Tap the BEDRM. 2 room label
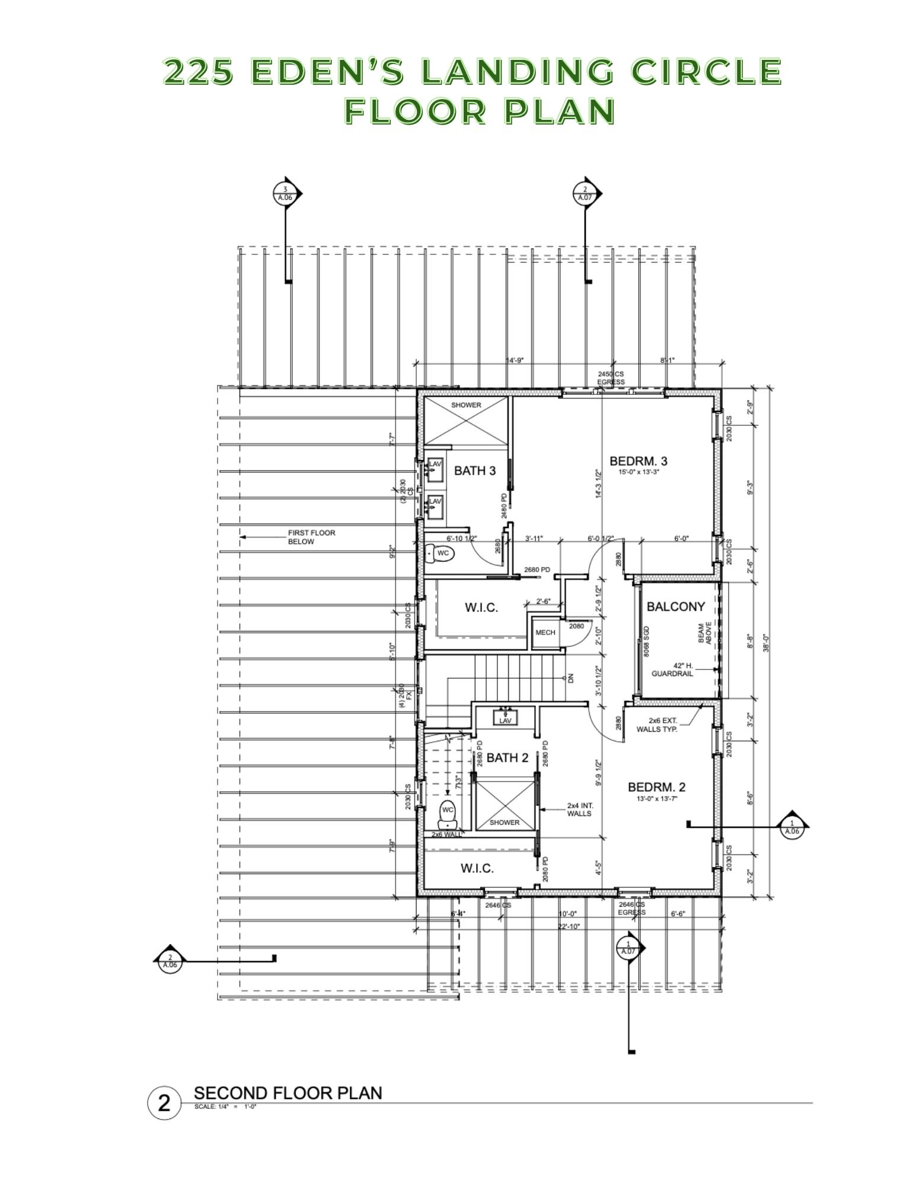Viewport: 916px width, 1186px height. point(656,787)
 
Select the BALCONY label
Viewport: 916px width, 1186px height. point(675,607)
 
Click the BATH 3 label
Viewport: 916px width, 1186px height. point(474,471)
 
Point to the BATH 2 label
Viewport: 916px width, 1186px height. point(507,758)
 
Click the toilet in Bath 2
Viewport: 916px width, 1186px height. point(447,815)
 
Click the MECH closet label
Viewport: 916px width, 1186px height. point(545,632)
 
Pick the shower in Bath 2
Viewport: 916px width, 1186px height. point(505,805)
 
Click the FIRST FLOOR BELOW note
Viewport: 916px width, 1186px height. point(311,537)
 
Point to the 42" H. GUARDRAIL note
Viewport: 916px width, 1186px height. point(672,669)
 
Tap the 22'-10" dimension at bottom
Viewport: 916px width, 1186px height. point(568,926)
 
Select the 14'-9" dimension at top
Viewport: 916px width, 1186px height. point(514,360)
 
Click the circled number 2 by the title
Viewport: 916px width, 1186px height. point(164,1104)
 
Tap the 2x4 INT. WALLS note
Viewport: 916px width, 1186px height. point(579,809)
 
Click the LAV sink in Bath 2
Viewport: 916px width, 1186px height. point(505,718)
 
